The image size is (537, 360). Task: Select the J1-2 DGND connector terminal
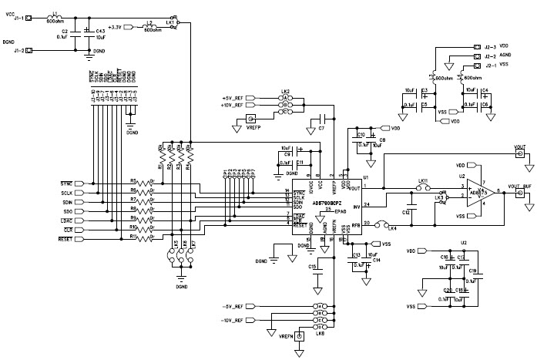pyautogui.click(x=29, y=51)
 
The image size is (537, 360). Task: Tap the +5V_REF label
pyautogui.click(x=233, y=99)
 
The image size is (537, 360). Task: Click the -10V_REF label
pyautogui.click(x=232, y=318)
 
